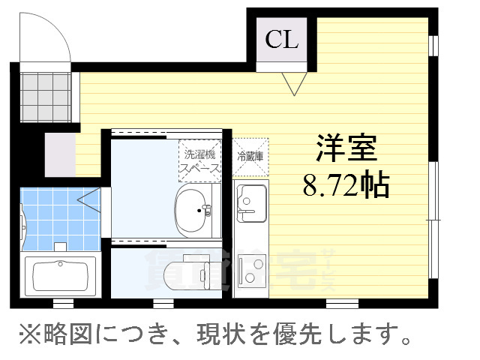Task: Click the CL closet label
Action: [x=281, y=40]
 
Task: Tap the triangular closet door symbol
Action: [x=293, y=82]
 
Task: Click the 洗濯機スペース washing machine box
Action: [x=199, y=160]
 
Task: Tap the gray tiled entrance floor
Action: [x=46, y=97]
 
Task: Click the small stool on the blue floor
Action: [x=59, y=245]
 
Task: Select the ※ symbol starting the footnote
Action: [x=21, y=334]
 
